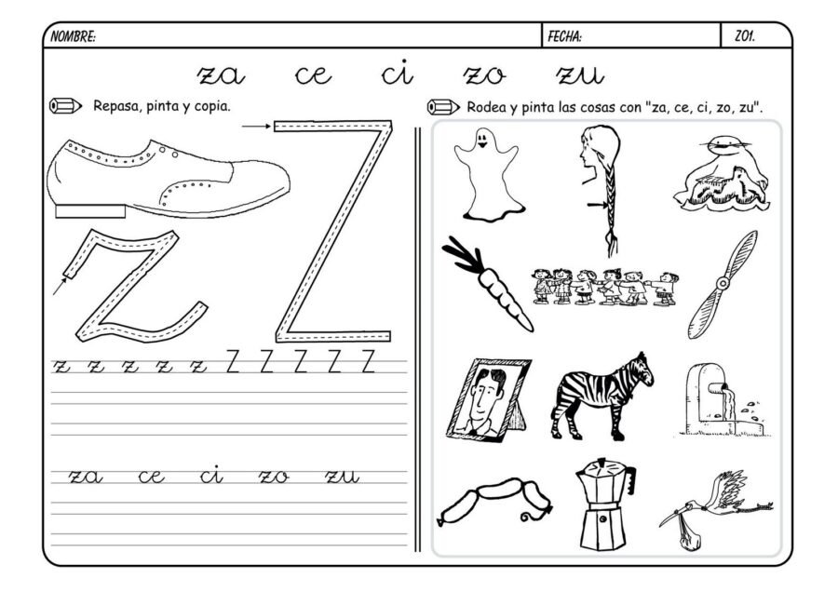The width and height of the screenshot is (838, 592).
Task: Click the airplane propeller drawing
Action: (x=722, y=285)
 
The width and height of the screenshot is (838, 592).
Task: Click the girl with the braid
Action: (x=599, y=182)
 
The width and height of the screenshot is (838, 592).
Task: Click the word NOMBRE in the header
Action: (x=73, y=36)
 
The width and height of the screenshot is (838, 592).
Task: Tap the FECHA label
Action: (x=565, y=36)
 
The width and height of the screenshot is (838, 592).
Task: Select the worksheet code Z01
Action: (x=745, y=36)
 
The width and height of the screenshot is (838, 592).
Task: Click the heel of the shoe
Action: (x=84, y=211)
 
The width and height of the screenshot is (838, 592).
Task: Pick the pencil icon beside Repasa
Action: (x=67, y=105)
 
